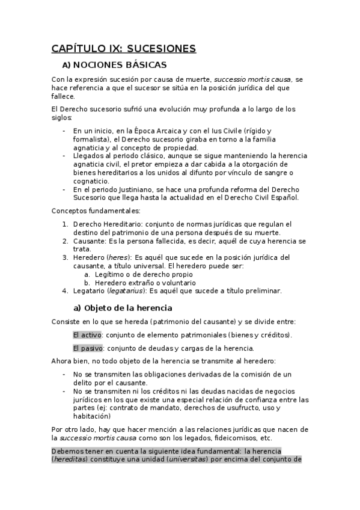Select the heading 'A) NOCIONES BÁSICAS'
[114, 64]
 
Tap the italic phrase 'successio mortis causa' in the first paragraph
[252, 79]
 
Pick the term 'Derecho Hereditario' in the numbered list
[107, 224]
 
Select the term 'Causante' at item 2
[90, 241]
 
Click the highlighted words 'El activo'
[87, 334]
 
